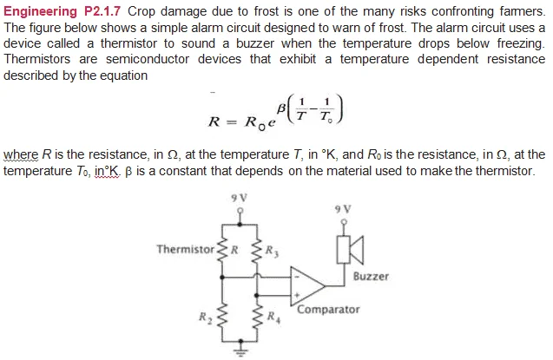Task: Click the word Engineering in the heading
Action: click(x=40, y=11)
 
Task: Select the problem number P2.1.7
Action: click(x=102, y=11)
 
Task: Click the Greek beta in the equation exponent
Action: click(x=281, y=108)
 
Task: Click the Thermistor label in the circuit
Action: click(x=186, y=249)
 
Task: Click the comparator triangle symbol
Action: click(x=307, y=286)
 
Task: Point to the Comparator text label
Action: click(x=328, y=310)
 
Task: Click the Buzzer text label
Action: click(x=371, y=276)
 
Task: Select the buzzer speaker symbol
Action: click(x=350, y=250)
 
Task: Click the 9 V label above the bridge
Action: click(x=239, y=198)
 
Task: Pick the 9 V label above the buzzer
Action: click(x=343, y=210)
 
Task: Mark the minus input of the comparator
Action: click(x=297, y=278)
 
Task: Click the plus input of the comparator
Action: click(x=297, y=295)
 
